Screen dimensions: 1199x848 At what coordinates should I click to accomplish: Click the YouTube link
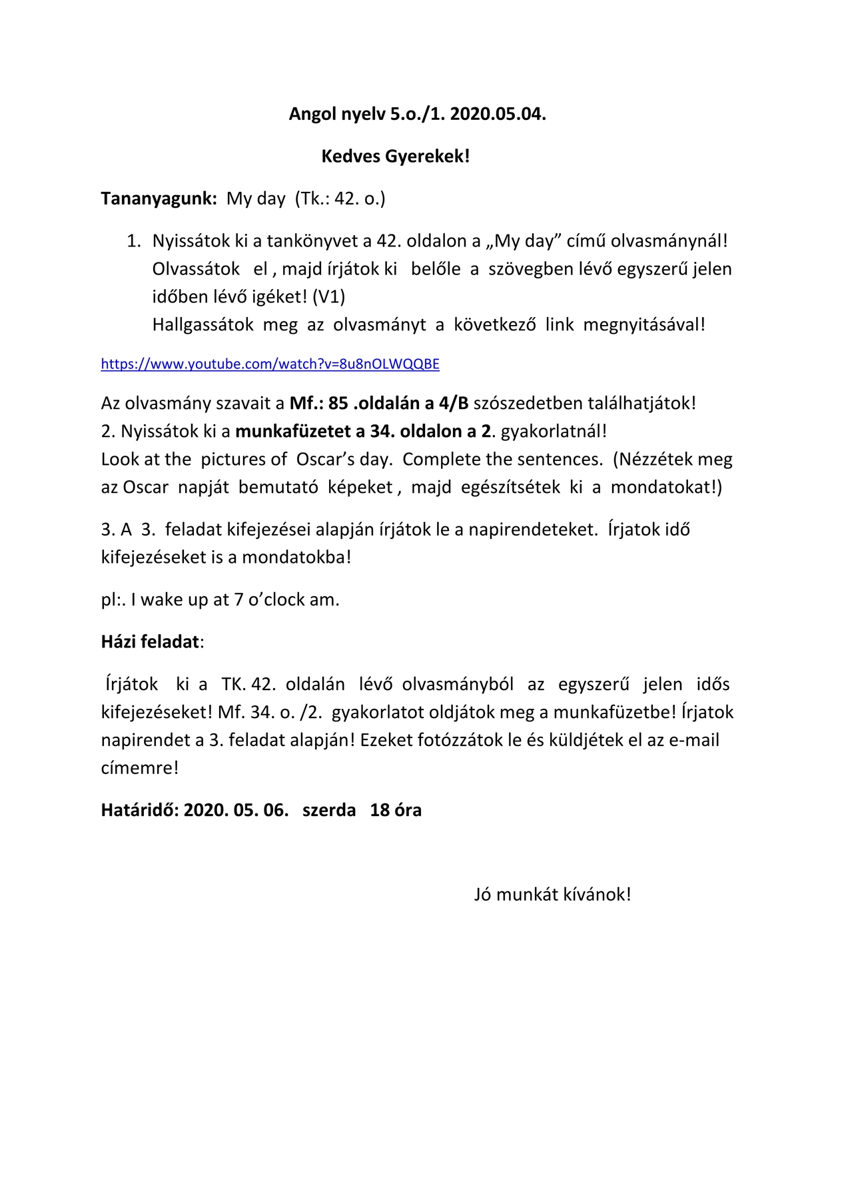click(x=270, y=364)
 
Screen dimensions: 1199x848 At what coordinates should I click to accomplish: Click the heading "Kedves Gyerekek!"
click(x=396, y=157)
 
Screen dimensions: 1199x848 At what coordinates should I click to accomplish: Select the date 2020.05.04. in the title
click(x=498, y=115)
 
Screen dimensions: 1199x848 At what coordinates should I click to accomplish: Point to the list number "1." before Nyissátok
click(x=134, y=241)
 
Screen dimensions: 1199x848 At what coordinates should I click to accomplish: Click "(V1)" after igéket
click(x=328, y=296)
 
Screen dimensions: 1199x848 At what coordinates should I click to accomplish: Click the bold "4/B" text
click(x=452, y=403)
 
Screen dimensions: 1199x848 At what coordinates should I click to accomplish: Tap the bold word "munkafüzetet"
click(x=290, y=431)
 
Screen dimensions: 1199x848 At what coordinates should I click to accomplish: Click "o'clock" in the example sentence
click(x=276, y=599)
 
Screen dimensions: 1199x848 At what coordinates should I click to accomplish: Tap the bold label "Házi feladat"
click(x=151, y=641)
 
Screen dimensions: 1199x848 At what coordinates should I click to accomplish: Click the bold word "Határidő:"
click(x=140, y=810)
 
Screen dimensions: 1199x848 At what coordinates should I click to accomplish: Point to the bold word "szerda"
click(x=329, y=810)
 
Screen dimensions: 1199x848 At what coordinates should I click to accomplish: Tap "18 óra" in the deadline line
click(x=396, y=810)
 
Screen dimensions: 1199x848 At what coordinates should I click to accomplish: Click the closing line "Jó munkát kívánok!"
click(x=552, y=894)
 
